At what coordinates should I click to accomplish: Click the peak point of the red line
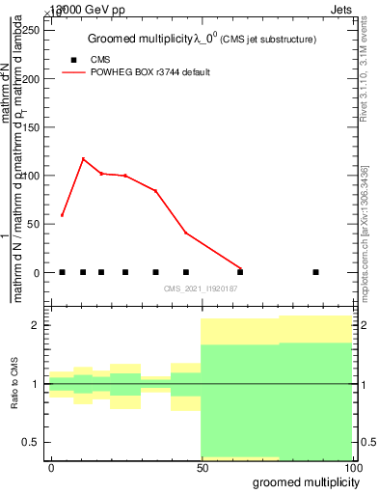(x=83, y=159)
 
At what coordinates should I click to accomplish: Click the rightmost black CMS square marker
(x=315, y=272)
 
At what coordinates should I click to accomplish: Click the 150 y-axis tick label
(x=32, y=127)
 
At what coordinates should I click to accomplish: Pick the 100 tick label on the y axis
(x=32, y=176)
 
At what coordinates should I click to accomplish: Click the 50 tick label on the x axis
(x=202, y=467)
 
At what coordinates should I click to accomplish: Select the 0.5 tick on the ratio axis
(x=37, y=442)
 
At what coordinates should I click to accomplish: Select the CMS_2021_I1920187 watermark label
(x=201, y=288)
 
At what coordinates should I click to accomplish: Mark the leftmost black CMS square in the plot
(x=62, y=272)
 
